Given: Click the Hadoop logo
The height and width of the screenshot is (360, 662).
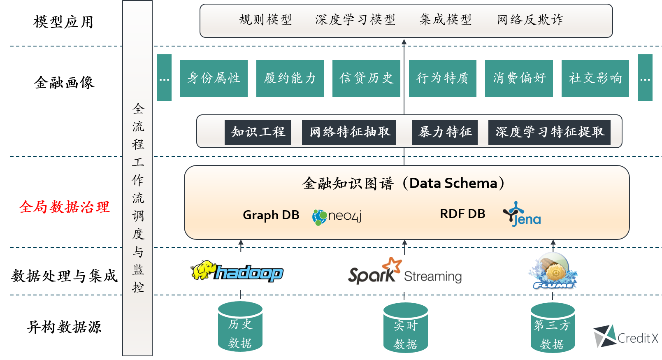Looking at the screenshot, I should [235, 271].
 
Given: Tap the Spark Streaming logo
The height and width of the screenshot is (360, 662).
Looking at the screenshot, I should [407, 273].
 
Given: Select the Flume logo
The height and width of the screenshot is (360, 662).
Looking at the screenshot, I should [553, 273].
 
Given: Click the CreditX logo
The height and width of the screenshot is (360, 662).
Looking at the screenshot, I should [625, 336].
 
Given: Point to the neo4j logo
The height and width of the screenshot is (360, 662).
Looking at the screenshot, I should [337, 216].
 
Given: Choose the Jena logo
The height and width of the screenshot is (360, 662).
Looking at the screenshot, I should [522, 214].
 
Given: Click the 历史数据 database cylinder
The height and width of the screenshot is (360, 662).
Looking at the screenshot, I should [240, 327].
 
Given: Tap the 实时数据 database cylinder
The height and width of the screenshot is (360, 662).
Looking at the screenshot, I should [406, 328].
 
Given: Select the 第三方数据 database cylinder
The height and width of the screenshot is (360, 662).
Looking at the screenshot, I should [553, 328].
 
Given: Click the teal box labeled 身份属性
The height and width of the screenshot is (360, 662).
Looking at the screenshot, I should [214, 78].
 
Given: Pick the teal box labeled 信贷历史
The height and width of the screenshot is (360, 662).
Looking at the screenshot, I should [366, 78].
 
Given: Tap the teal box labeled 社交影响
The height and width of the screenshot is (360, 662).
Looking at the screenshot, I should [595, 78].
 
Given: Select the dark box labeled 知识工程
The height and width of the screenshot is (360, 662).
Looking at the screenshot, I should [258, 132].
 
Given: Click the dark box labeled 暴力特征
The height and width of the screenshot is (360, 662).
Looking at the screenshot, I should [445, 132].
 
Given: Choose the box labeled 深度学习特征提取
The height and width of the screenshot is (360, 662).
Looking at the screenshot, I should [549, 132].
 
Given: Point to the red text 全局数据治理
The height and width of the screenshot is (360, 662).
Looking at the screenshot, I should [65, 207].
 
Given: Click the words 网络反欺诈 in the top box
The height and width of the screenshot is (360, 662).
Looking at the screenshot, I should [530, 20].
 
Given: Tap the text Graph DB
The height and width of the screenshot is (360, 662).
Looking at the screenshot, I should [271, 215].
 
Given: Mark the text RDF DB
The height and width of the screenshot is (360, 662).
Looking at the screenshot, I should [462, 214].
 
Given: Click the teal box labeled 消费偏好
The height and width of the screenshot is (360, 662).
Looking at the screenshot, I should [519, 78].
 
